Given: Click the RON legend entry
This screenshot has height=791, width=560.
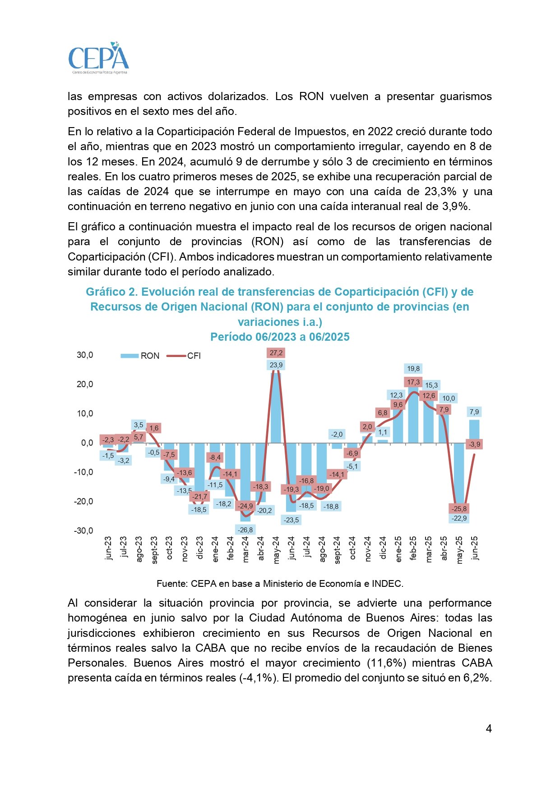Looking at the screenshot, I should (x=140, y=356).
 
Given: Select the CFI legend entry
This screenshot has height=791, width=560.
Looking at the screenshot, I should (x=184, y=356).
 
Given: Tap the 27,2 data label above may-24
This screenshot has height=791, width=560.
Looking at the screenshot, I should (x=276, y=353).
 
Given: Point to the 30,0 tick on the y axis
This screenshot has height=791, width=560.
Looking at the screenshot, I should (x=85, y=355).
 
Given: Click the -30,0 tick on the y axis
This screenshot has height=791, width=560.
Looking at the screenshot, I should (x=83, y=530).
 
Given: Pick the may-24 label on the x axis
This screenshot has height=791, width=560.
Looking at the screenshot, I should (x=276, y=549).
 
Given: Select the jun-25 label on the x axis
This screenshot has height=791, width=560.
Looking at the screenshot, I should (x=474, y=548).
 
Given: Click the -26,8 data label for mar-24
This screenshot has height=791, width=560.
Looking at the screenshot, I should (x=245, y=530).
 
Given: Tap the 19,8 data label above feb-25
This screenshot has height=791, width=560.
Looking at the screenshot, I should (x=413, y=369).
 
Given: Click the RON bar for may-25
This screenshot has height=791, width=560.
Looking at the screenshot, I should (x=459, y=478).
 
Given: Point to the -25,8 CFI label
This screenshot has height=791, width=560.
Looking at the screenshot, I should (x=459, y=508).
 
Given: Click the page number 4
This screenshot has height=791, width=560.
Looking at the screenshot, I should (x=488, y=729).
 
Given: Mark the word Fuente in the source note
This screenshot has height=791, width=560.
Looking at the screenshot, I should (x=171, y=584).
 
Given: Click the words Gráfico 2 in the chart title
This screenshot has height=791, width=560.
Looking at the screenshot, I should (x=111, y=292).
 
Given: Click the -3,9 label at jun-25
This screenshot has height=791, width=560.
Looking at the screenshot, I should (x=474, y=444).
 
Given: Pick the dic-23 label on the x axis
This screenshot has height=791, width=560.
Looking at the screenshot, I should (x=200, y=548).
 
